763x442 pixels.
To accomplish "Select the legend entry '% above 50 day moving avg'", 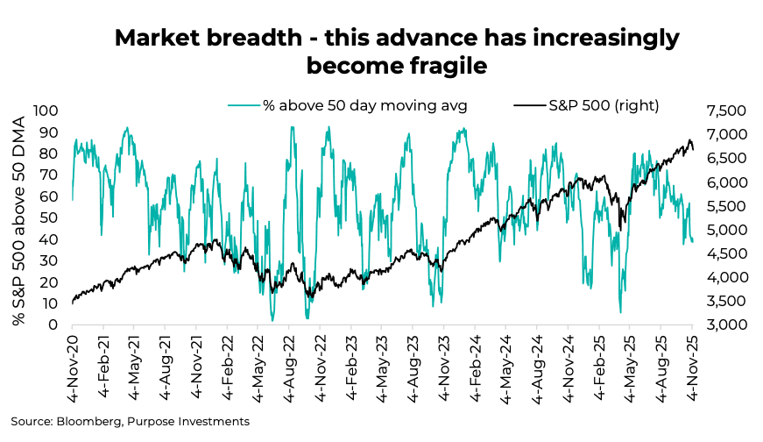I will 364,105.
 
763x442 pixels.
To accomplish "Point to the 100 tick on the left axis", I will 46,110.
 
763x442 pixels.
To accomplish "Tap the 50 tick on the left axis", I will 49,217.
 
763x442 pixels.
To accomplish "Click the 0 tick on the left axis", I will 53,325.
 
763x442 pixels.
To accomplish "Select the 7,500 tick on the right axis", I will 722,110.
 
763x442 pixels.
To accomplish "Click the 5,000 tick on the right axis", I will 722,230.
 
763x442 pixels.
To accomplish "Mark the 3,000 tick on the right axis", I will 722,325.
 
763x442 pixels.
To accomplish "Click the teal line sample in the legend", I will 244,105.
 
